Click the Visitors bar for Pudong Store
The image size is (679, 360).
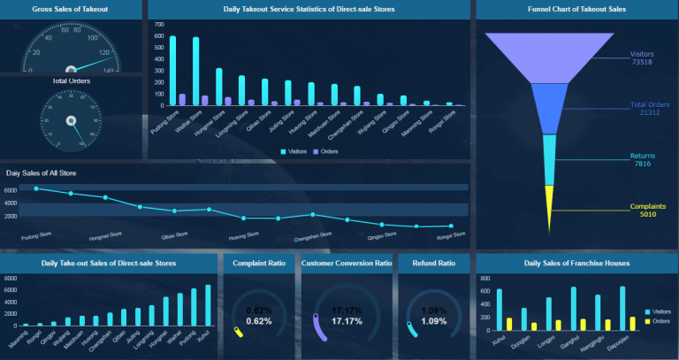pos(172,71)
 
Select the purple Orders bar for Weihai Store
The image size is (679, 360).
pos(205,100)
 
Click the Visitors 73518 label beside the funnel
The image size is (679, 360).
pos(641,57)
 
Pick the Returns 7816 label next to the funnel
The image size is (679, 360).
pos(642,160)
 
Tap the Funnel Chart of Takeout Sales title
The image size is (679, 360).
pos(576,9)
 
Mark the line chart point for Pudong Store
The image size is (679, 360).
pos(36,188)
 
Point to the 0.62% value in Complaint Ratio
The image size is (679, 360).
pos(258,320)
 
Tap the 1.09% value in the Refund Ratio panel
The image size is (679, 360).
pos(433,320)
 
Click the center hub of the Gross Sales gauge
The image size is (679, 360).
pos(71,69)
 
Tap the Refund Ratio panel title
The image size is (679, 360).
pos(433,263)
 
